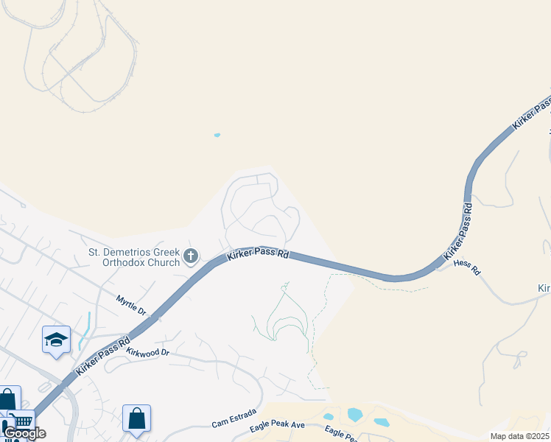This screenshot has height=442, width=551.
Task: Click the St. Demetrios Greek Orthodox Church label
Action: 134,257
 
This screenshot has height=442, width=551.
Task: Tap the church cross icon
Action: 191,256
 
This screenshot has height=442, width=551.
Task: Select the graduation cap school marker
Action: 57,340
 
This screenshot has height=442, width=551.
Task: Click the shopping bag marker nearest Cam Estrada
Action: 137,418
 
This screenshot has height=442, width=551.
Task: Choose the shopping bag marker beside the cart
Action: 7,401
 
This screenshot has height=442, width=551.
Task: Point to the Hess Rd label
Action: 467,267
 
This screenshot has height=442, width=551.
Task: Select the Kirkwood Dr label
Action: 147,353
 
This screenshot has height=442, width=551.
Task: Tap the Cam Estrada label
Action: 234,418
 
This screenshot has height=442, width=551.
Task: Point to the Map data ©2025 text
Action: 519,436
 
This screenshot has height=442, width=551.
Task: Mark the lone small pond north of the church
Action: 217,135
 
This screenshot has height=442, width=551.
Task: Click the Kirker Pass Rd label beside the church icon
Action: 257,254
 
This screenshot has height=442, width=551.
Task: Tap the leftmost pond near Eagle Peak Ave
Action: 329,417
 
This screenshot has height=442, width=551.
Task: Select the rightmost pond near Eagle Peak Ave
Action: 381,422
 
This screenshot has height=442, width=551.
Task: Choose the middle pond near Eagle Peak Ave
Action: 354,414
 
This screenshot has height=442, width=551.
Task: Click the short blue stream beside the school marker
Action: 85,330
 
